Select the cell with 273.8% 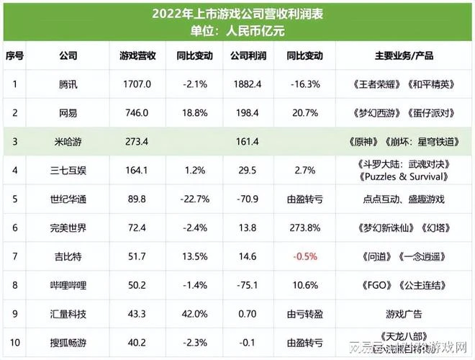(x=304, y=228)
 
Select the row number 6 (x=14, y=228)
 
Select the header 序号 (x=14, y=55)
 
